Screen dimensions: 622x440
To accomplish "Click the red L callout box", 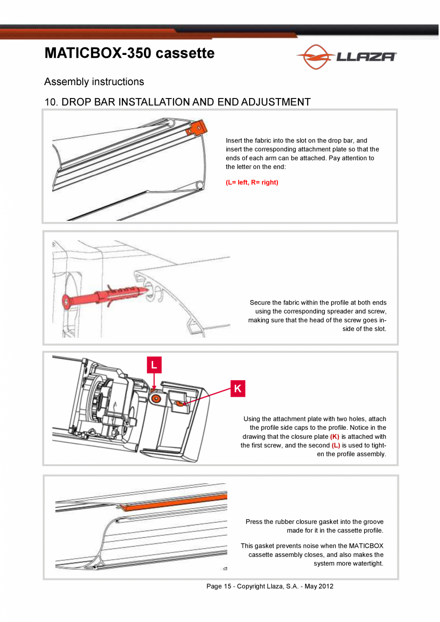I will [154, 365].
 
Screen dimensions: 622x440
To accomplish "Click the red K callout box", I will [238, 389].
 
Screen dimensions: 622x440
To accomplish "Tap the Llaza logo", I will [347, 57].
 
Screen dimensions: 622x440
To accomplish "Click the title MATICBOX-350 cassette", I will [130, 53].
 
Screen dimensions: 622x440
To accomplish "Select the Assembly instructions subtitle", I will [94, 82].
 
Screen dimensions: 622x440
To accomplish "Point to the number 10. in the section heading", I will [51, 102].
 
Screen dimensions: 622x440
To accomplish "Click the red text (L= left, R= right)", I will [252, 183].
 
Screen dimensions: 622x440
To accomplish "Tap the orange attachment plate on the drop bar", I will [198, 127].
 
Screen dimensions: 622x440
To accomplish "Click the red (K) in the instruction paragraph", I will [335, 437].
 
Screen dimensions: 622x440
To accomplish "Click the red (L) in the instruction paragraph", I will [336, 446].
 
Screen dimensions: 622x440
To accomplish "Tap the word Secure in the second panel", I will [260, 303].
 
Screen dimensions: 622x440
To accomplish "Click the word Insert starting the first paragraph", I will [234, 141].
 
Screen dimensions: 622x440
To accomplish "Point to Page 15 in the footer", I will [219, 586].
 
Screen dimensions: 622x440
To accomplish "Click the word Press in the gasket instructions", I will [254, 522].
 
